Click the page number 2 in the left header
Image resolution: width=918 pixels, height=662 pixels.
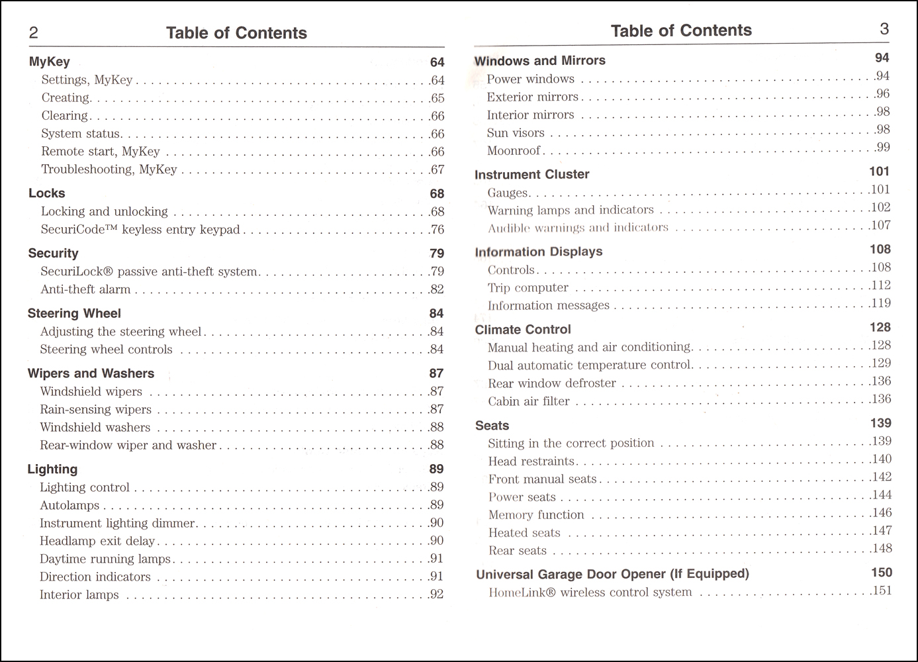(x=34, y=33)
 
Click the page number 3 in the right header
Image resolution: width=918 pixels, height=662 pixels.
(x=884, y=28)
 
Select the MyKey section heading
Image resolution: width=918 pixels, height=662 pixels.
(x=49, y=62)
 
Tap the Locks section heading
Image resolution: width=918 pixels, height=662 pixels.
(x=46, y=193)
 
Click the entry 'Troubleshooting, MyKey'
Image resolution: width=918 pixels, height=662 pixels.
(x=109, y=169)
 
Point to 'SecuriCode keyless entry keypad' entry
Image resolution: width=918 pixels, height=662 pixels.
(x=140, y=230)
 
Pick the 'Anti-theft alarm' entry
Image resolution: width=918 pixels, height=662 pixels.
(x=85, y=289)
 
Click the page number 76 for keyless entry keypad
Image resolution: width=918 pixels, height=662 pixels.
(x=437, y=230)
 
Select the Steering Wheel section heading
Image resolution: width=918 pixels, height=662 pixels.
(x=74, y=313)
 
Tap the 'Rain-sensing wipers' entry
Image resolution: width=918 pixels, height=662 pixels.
(x=95, y=409)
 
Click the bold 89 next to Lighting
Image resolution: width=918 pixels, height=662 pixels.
(x=436, y=469)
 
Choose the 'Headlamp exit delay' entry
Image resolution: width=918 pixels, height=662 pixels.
(x=97, y=541)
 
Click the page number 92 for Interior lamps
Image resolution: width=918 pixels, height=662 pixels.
(x=436, y=594)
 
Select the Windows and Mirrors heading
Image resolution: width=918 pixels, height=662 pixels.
(x=539, y=60)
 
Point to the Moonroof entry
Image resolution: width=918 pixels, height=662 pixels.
(x=514, y=151)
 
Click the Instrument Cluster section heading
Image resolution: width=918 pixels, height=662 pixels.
(x=531, y=174)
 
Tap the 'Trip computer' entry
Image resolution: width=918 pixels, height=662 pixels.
(x=528, y=288)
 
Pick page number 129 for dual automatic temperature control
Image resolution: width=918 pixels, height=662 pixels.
(x=881, y=363)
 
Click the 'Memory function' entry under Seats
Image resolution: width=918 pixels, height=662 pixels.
(x=536, y=515)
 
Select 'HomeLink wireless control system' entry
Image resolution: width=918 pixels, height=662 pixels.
(x=590, y=592)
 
